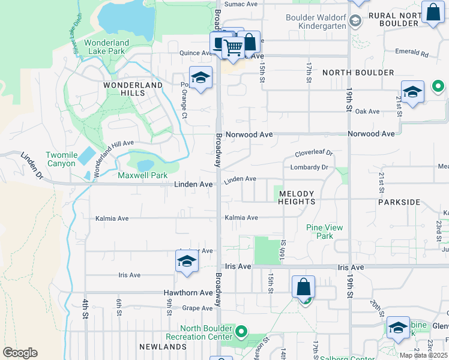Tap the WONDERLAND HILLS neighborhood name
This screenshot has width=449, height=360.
133,89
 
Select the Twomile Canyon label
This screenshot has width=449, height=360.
62,159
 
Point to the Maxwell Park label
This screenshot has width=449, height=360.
142,176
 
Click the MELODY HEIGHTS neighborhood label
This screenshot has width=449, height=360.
297,197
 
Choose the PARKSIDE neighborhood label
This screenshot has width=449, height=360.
399,202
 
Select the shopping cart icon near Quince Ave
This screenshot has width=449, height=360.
233,47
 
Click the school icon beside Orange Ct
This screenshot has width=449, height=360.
200,78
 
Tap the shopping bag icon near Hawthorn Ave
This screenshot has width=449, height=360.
304,287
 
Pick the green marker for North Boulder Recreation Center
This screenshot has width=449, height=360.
241,331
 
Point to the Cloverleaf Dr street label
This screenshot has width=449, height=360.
313,154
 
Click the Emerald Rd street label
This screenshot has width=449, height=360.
416,54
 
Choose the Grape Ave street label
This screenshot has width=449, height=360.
197,308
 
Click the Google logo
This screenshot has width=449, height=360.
20,353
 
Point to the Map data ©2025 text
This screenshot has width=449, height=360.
424,355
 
